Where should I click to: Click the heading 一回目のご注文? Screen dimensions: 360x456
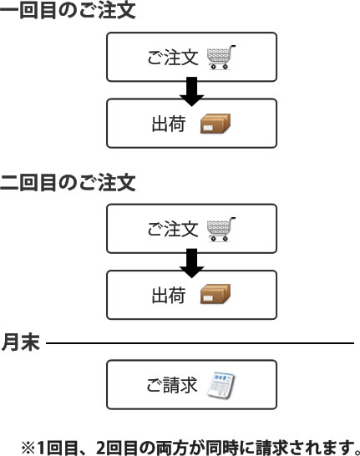68,11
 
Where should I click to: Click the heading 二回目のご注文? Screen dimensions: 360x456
68,182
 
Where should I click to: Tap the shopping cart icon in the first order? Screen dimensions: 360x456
221,57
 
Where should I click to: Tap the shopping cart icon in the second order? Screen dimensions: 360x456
221,229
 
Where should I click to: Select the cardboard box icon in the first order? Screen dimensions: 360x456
215,124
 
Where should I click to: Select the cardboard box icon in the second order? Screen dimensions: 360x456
215,294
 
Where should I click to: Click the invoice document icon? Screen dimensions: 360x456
221,384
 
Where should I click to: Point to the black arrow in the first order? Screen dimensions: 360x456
191,91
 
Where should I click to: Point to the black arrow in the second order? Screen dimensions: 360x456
191,263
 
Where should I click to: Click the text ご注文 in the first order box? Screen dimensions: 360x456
173,58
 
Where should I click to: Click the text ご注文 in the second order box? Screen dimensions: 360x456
173,229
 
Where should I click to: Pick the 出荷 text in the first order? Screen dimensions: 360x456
169,124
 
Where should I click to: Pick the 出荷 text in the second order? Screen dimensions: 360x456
169,295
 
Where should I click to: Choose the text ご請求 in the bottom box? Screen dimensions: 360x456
172,385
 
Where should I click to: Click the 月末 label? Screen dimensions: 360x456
20,342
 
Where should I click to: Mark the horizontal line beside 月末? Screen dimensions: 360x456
200,343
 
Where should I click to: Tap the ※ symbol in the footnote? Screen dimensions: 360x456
28,448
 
